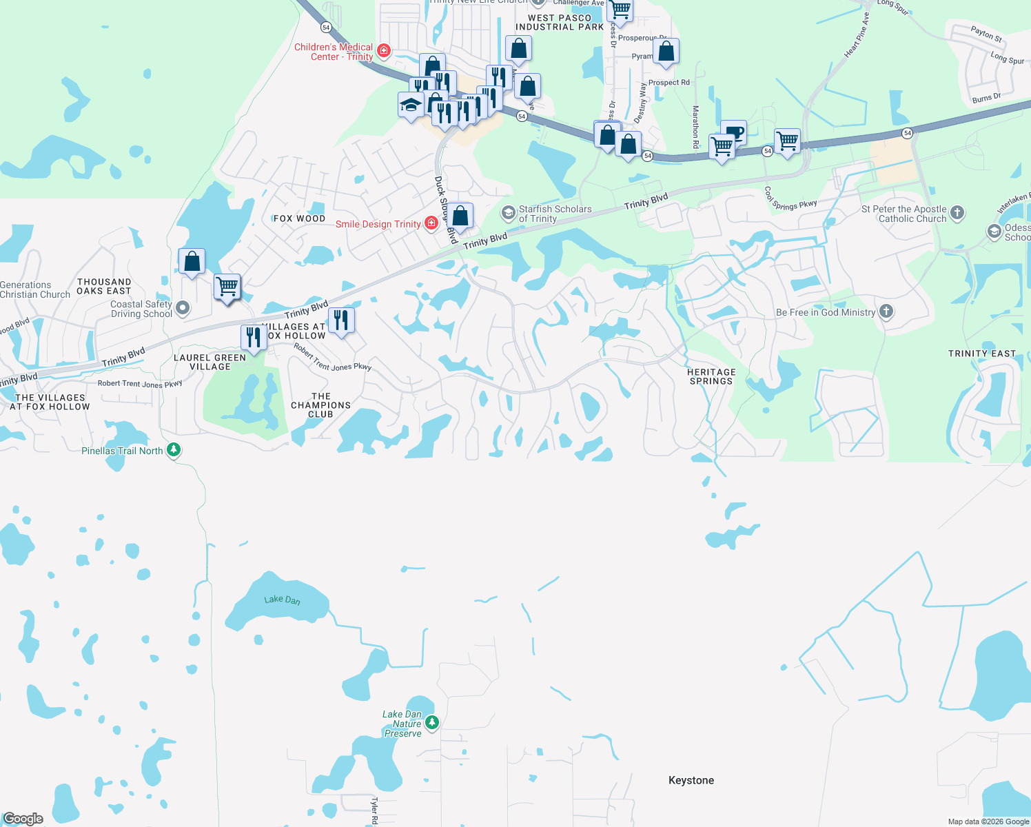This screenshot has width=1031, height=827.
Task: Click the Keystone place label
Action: [691, 780]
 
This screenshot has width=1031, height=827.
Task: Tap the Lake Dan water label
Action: [283, 600]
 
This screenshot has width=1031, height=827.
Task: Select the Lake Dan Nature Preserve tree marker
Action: [432, 722]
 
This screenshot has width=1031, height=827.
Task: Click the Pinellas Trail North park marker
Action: [174, 450]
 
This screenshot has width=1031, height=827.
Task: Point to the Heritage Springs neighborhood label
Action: [711, 376]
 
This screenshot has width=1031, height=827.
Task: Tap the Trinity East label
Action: [982, 354]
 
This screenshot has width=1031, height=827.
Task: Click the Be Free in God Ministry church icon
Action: [886, 312]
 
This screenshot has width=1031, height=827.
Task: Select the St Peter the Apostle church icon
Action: [957, 212]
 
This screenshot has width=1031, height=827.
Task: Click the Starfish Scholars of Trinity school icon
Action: [508, 213]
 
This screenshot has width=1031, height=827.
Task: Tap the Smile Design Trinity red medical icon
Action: [431, 223]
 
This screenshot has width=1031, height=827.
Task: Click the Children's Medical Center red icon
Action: [385, 50]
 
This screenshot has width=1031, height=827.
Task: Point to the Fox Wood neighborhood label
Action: [299, 218]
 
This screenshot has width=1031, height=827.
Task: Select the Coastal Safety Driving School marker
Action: [183, 308]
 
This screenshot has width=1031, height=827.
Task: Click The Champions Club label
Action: [320, 405]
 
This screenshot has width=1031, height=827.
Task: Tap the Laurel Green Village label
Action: [210, 362]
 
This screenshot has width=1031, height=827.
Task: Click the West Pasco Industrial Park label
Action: [560, 22]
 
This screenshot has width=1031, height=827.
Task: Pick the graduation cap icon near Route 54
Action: [411, 105]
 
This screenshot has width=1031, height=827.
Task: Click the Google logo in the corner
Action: [23, 818]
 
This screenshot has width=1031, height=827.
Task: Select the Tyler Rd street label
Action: [374, 811]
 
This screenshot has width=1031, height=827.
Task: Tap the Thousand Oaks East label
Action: [104, 286]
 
